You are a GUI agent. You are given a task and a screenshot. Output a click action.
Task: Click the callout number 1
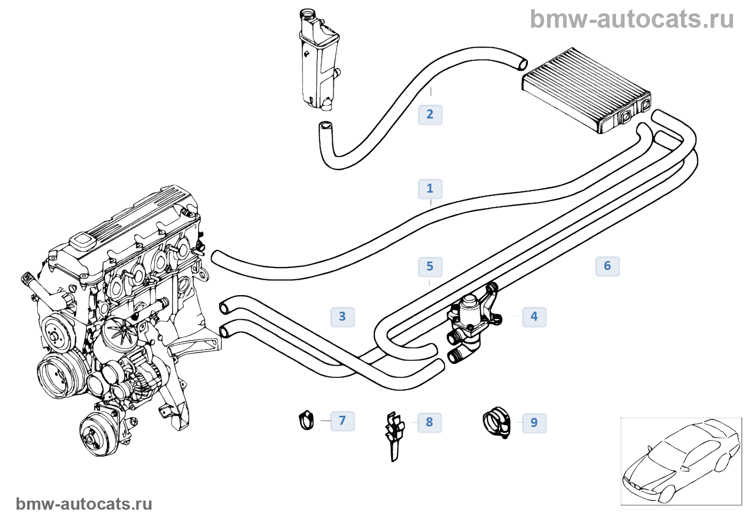pyautogui.click(x=430, y=189)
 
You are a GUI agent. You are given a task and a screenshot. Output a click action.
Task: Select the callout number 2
pyautogui.click(x=430, y=114)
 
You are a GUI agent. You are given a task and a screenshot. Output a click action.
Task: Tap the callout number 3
pyautogui.click(x=342, y=316)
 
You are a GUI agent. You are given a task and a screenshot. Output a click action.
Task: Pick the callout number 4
pyautogui.click(x=534, y=316)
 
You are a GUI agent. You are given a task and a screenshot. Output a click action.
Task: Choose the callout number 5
pyautogui.click(x=430, y=266)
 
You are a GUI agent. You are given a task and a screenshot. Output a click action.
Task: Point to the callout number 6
pyautogui.click(x=607, y=266)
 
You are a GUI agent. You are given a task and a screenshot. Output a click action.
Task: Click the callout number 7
pyautogui.click(x=342, y=421)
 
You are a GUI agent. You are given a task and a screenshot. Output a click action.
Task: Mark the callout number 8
pyautogui.click(x=429, y=422)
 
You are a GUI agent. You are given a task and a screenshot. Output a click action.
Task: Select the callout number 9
pyautogui.click(x=534, y=423)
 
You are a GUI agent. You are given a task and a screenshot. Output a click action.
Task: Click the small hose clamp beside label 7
pyautogui.click(x=306, y=420)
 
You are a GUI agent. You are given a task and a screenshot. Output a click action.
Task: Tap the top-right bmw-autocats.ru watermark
pyautogui.click(x=632, y=19)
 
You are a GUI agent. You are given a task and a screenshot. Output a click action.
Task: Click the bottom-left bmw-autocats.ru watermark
pyautogui.click(x=84, y=504)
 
